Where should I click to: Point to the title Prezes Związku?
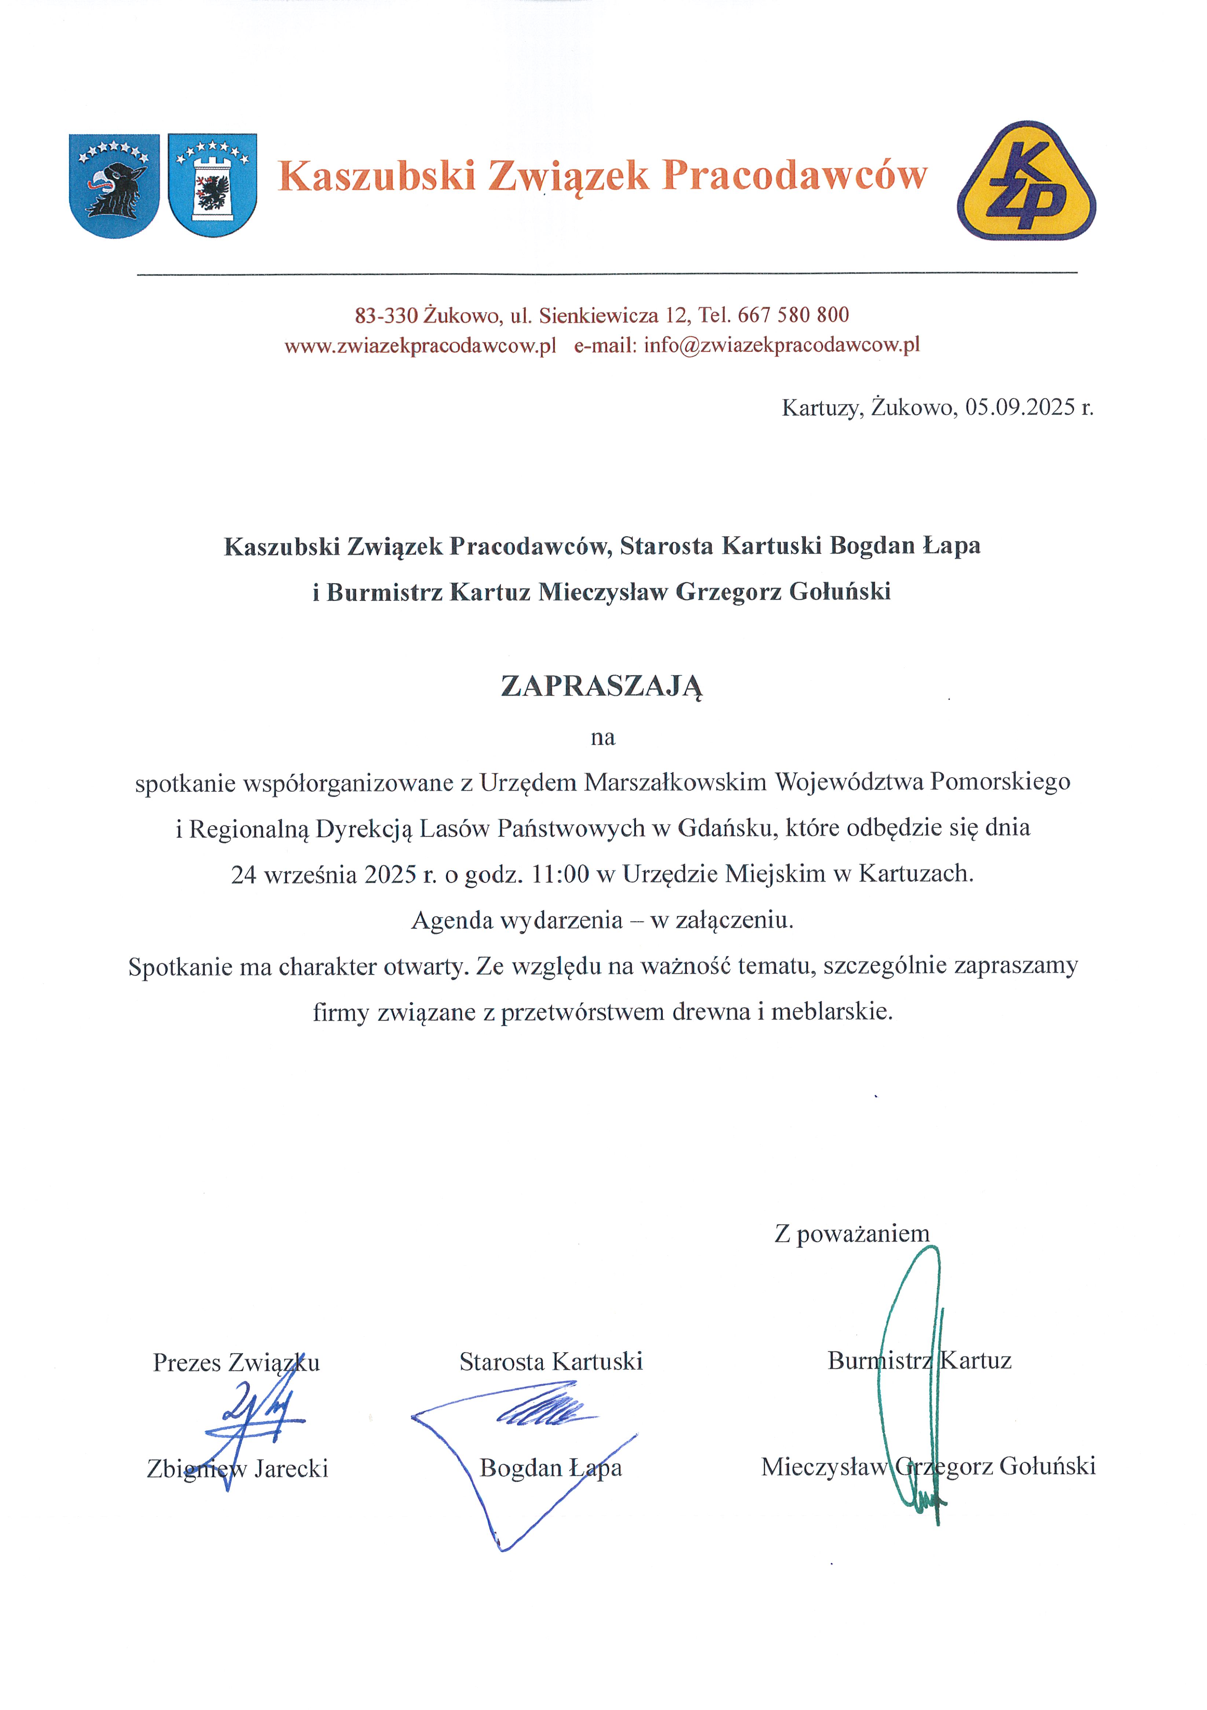pos(236,1362)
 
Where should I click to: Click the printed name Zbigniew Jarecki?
pos(237,1469)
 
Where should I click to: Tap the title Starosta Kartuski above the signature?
pos(551,1361)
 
